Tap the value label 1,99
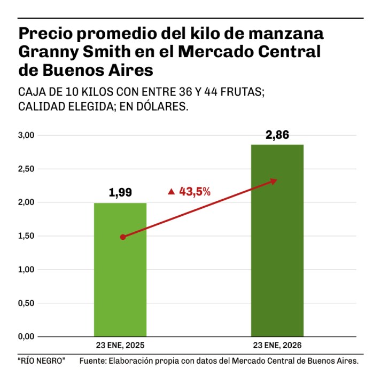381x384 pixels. tap(120, 193)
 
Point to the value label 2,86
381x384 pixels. tap(277, 135)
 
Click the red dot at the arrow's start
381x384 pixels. tap(123, 237)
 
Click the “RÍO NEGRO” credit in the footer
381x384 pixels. tap(41, 362)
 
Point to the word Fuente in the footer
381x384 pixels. tap(94, 362)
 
